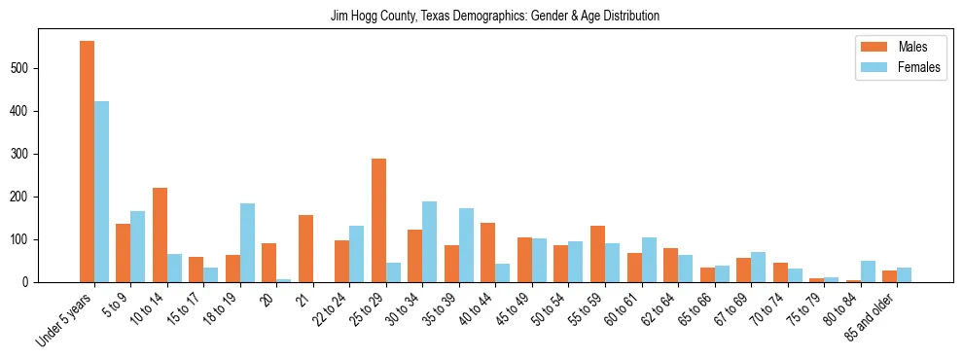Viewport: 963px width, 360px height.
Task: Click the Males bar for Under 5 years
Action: click(87, 162)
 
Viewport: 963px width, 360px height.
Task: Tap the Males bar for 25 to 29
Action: click(378, 220)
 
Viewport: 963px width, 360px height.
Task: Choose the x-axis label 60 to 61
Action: click(623, 310)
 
